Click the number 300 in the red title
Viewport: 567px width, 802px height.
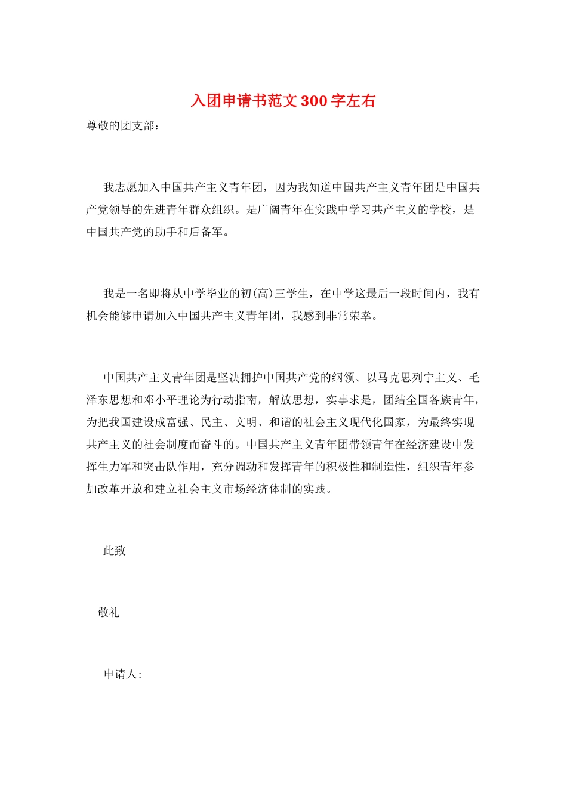[x=314, y=101]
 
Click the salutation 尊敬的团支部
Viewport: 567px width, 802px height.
[x=121, y=126]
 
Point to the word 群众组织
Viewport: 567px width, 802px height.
[x=212, y=209]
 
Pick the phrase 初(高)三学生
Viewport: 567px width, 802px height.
[x=275, y=294]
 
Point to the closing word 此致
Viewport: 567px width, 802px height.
[x=115, y=551]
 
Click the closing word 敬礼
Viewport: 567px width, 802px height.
[x=109, y=612]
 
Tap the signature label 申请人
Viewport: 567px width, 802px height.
[x=121, y=674]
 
